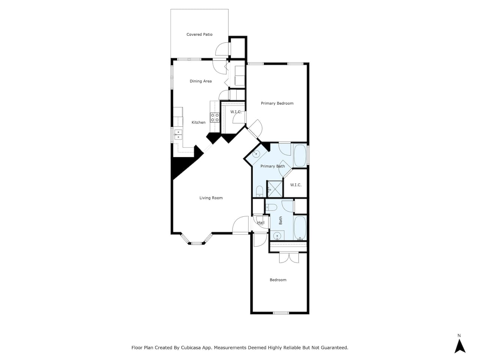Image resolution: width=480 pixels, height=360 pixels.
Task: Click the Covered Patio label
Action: (x=199, y=34)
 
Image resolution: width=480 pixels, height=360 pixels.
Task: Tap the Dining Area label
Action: (x=201, y=81)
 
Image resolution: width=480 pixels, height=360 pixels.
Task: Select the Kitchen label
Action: (x=198, y=122)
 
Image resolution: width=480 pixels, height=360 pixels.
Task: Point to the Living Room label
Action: (x=211, y=198)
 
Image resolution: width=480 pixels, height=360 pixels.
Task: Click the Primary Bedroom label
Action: (x=277, y=103)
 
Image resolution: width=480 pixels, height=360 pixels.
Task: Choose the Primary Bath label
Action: (x=273, y=166)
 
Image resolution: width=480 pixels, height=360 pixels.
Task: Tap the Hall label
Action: (x=261, y=222)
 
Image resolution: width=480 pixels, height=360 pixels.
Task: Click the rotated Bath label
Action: (x=280, y=220)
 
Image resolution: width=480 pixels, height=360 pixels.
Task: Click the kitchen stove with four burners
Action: (x=215, y=117)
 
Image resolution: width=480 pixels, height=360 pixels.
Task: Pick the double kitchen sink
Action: (x=178, y=134)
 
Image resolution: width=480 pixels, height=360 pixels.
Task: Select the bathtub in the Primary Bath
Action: (x=300, y=155)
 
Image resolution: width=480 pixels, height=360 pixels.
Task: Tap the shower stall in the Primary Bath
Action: (x=275, y=189)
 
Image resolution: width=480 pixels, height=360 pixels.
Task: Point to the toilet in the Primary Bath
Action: (x=259, y=191)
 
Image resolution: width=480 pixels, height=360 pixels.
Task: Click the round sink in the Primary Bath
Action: (x=256, y=154)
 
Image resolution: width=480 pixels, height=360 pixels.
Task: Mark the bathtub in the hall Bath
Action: (x=300, y=228)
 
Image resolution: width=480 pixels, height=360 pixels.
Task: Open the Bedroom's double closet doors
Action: (x=289, y=258)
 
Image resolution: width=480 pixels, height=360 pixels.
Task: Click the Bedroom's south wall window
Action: (x=281, y=313)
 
